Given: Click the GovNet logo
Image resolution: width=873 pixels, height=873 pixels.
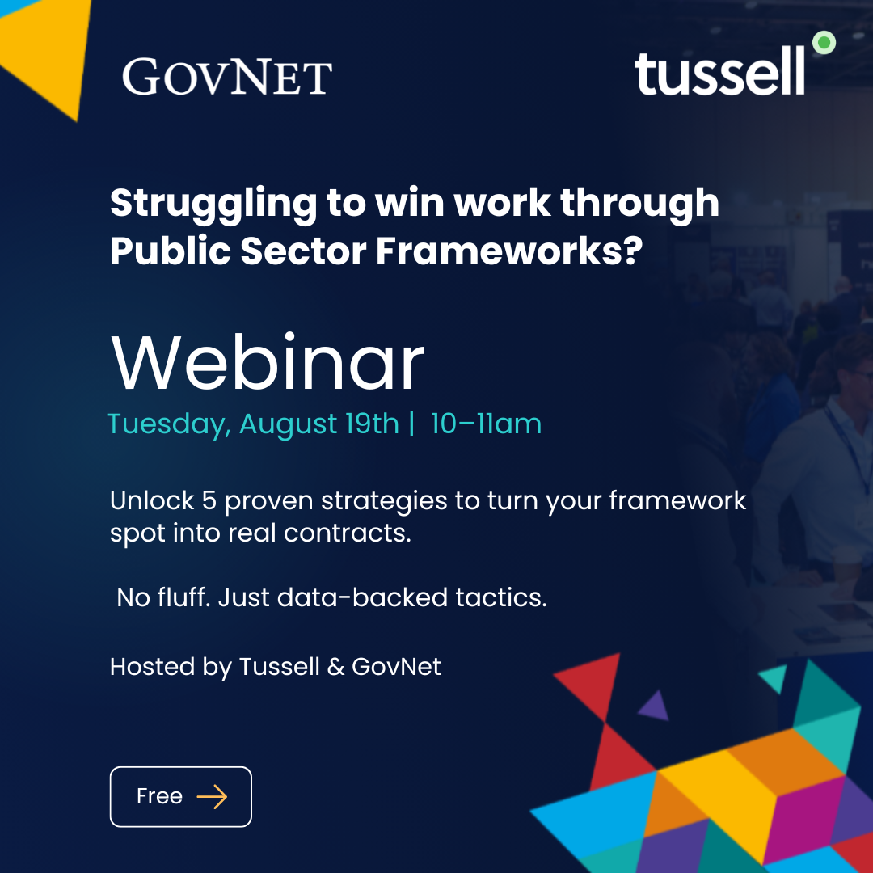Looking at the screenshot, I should (227, 77).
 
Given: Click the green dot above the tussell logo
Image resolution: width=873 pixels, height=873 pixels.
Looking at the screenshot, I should (823, 43).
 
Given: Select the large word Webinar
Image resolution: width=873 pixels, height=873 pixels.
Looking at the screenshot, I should (268, 363).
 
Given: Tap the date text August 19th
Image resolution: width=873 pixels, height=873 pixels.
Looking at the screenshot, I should (319, 424).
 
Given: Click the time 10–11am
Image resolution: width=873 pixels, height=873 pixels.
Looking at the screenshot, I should (486, 424).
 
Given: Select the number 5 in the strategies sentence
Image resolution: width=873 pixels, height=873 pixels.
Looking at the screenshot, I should (209, 500).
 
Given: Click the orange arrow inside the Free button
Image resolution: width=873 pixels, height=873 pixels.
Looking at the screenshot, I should (212, 797).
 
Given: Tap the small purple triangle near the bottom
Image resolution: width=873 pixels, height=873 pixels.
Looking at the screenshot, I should (654, 707).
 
